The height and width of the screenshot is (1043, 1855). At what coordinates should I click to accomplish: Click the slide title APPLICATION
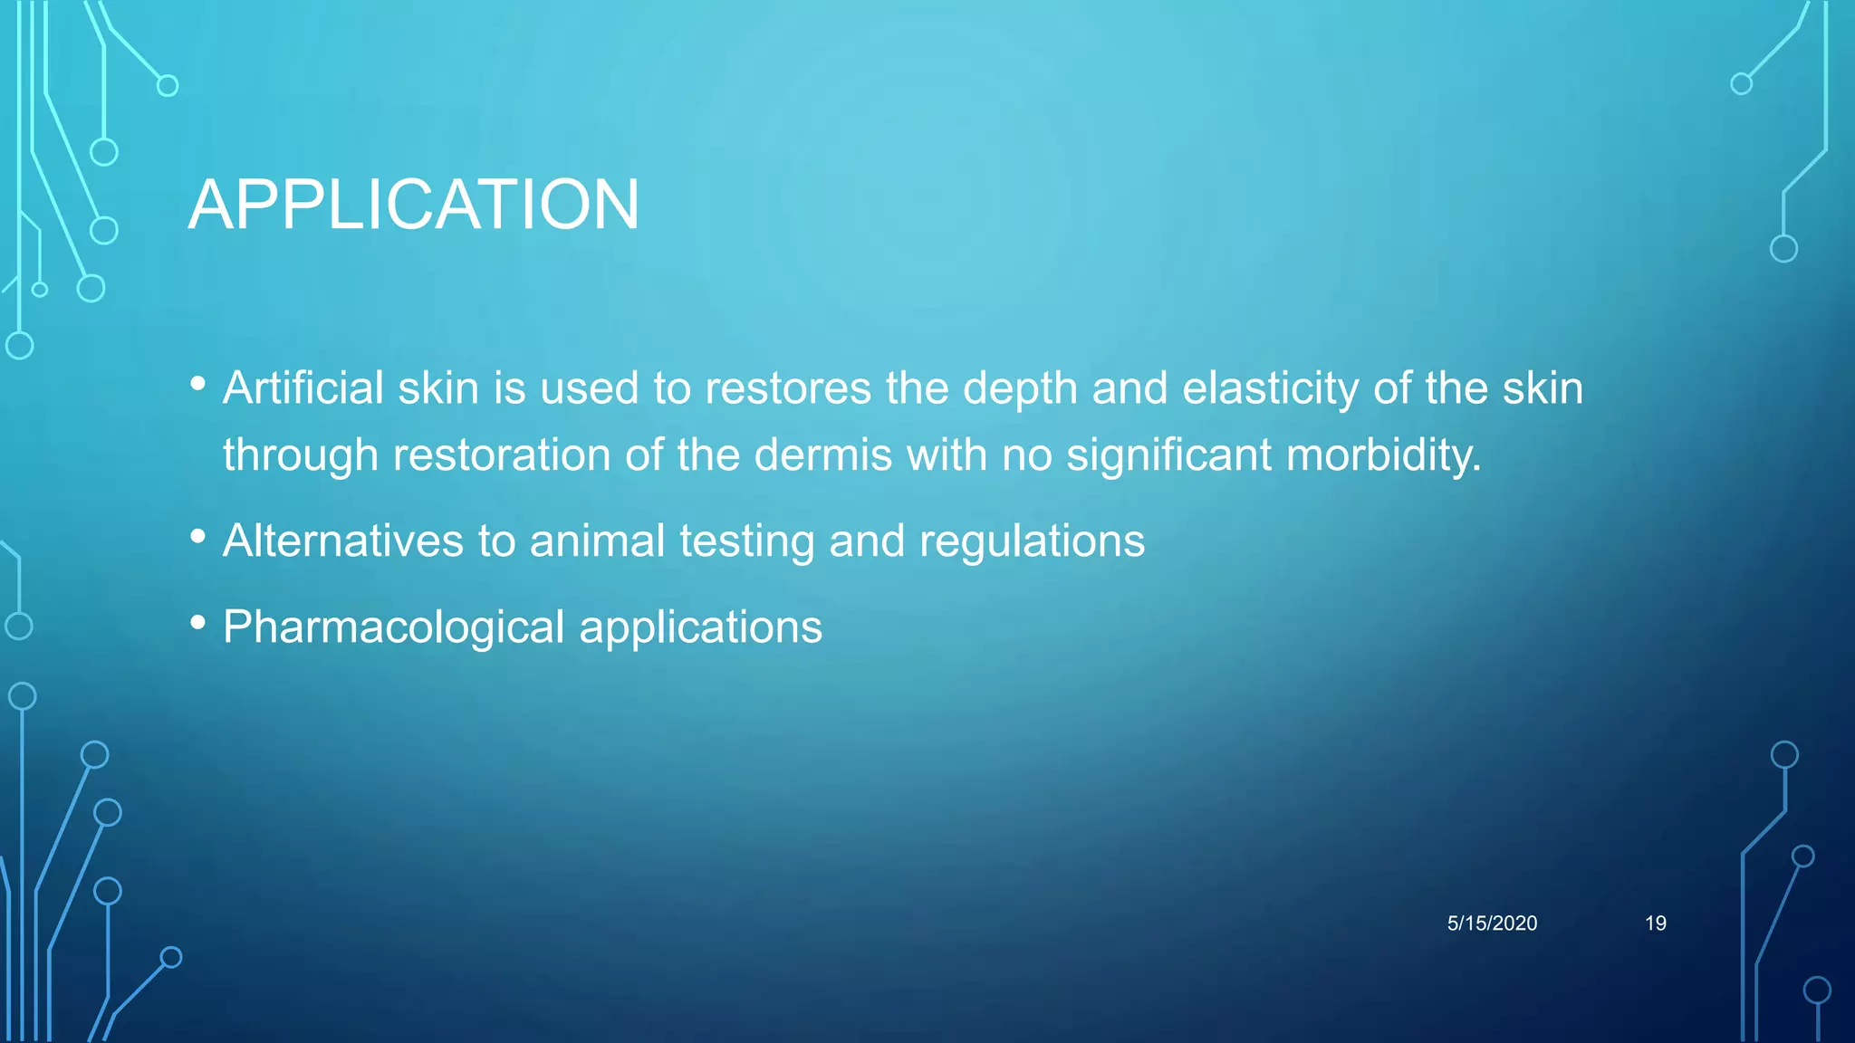(x=414, y=205)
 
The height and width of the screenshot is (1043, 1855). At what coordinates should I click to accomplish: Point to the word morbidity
(x=1383, y=455)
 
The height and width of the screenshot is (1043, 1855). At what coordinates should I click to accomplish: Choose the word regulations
(x=1032, y=541)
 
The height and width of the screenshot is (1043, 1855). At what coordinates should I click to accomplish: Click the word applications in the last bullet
(x=700, y=627)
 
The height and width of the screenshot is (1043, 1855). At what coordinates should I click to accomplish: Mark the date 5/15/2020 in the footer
(x=1492, y=923)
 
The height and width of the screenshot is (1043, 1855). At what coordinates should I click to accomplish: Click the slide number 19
(x=1655, y=923)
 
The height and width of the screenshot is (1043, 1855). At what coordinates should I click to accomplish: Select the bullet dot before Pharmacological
(x=198, y=622)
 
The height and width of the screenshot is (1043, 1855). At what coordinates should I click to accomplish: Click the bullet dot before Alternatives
(x=198, y=536)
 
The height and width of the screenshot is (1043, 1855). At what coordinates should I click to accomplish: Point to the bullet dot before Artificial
(x=198, y=383)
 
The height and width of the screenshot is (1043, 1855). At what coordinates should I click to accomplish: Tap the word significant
(x=1168, y=455)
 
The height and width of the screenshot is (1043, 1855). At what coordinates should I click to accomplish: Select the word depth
(x=1020, y=388)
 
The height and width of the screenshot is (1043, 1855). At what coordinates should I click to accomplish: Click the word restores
(x=788, y=388)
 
